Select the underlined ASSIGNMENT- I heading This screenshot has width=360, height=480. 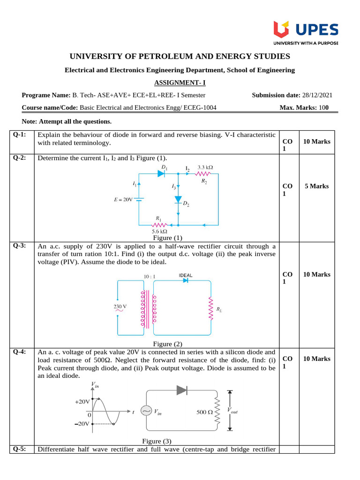[x=180, y=83]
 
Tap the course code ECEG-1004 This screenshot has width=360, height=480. [x=200, y=108]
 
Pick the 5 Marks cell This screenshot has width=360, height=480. [x=317, y=186]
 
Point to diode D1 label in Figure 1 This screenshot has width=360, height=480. [x=165, y=167]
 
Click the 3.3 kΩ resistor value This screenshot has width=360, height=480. [x=205, y=167]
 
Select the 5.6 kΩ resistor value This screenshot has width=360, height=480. [x=160, y=231]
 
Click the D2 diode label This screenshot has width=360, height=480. [x=186, y=204]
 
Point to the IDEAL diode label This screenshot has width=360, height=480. [x=185, y=275]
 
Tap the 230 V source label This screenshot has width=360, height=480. [x=121, y=307]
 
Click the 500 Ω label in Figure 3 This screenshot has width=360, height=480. [x=205, y=412]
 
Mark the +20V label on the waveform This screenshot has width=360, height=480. [x=82, y=402]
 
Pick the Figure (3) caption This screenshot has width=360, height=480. [x=157, y=441]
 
